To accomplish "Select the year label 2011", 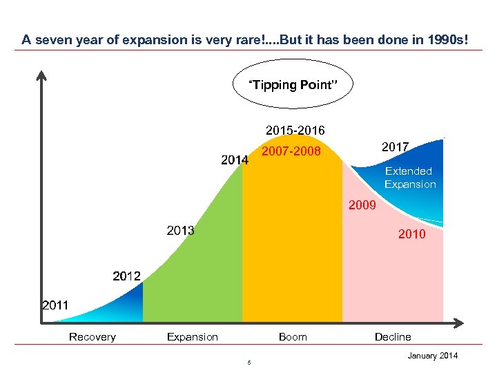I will pyautogui.click(x=55, y=304).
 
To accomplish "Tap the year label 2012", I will pyautogui.click(x=126, y=276).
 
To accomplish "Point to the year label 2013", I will pyautogui.click(x=180, y=230).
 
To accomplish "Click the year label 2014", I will pyautogui.click(x=235, y=160).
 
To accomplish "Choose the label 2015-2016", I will pyautogui.click(x=295, y=131).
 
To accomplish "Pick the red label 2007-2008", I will pyautogui.click(x=291, y=150).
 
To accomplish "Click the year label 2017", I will pyautogui.click(x=395, y=146).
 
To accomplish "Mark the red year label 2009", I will pyautogui.click(x=362, y=205).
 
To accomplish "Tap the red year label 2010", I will pyautogui.click(x=412, y=235).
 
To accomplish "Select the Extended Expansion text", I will pyautogui.click(x=410, y=178).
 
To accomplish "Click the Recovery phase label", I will pyautogui.click(x=92, y=337).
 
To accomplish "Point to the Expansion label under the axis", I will pyautogui.click(x=193, y=337).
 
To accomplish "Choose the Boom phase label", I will pyautogui.click(x=293, y=337).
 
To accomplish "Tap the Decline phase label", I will pyautogui.click(x=393, y=337).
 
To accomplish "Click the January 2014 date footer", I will pyautogui.click(x=432, y=356).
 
